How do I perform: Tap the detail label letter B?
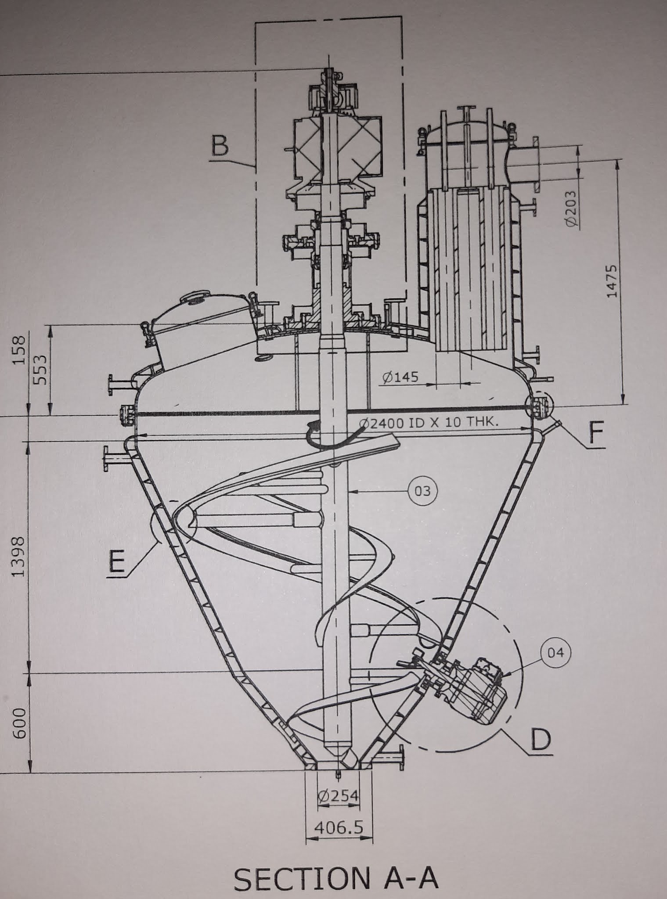[220, 146]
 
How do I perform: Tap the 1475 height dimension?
[612, 281]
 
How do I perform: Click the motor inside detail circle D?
[479, 690]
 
